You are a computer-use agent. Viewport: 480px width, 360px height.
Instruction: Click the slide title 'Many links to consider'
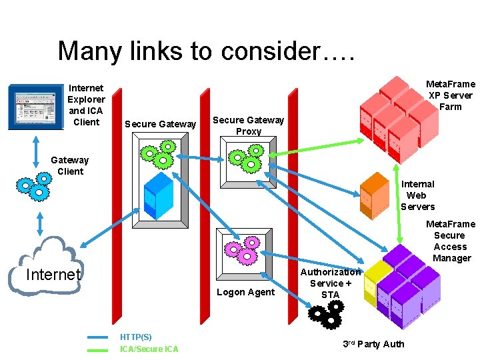coord(207,51)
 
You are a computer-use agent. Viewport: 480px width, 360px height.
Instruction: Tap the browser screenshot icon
coord(37,107)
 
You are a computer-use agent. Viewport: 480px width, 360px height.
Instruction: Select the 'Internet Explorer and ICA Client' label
coord(86,105)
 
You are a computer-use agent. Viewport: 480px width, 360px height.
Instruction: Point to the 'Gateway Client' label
coord(69,165)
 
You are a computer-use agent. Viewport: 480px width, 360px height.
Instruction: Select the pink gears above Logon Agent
coord(241,251)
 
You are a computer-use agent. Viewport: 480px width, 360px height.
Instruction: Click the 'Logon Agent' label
coord(246,292)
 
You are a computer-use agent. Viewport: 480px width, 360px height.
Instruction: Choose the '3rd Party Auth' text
coord(373,344)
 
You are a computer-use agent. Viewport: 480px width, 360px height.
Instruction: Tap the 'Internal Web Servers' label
coord(417,195)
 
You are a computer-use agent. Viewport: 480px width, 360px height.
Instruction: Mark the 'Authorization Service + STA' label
coord(330,283)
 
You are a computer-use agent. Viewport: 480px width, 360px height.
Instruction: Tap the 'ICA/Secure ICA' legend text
coord(149,349)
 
